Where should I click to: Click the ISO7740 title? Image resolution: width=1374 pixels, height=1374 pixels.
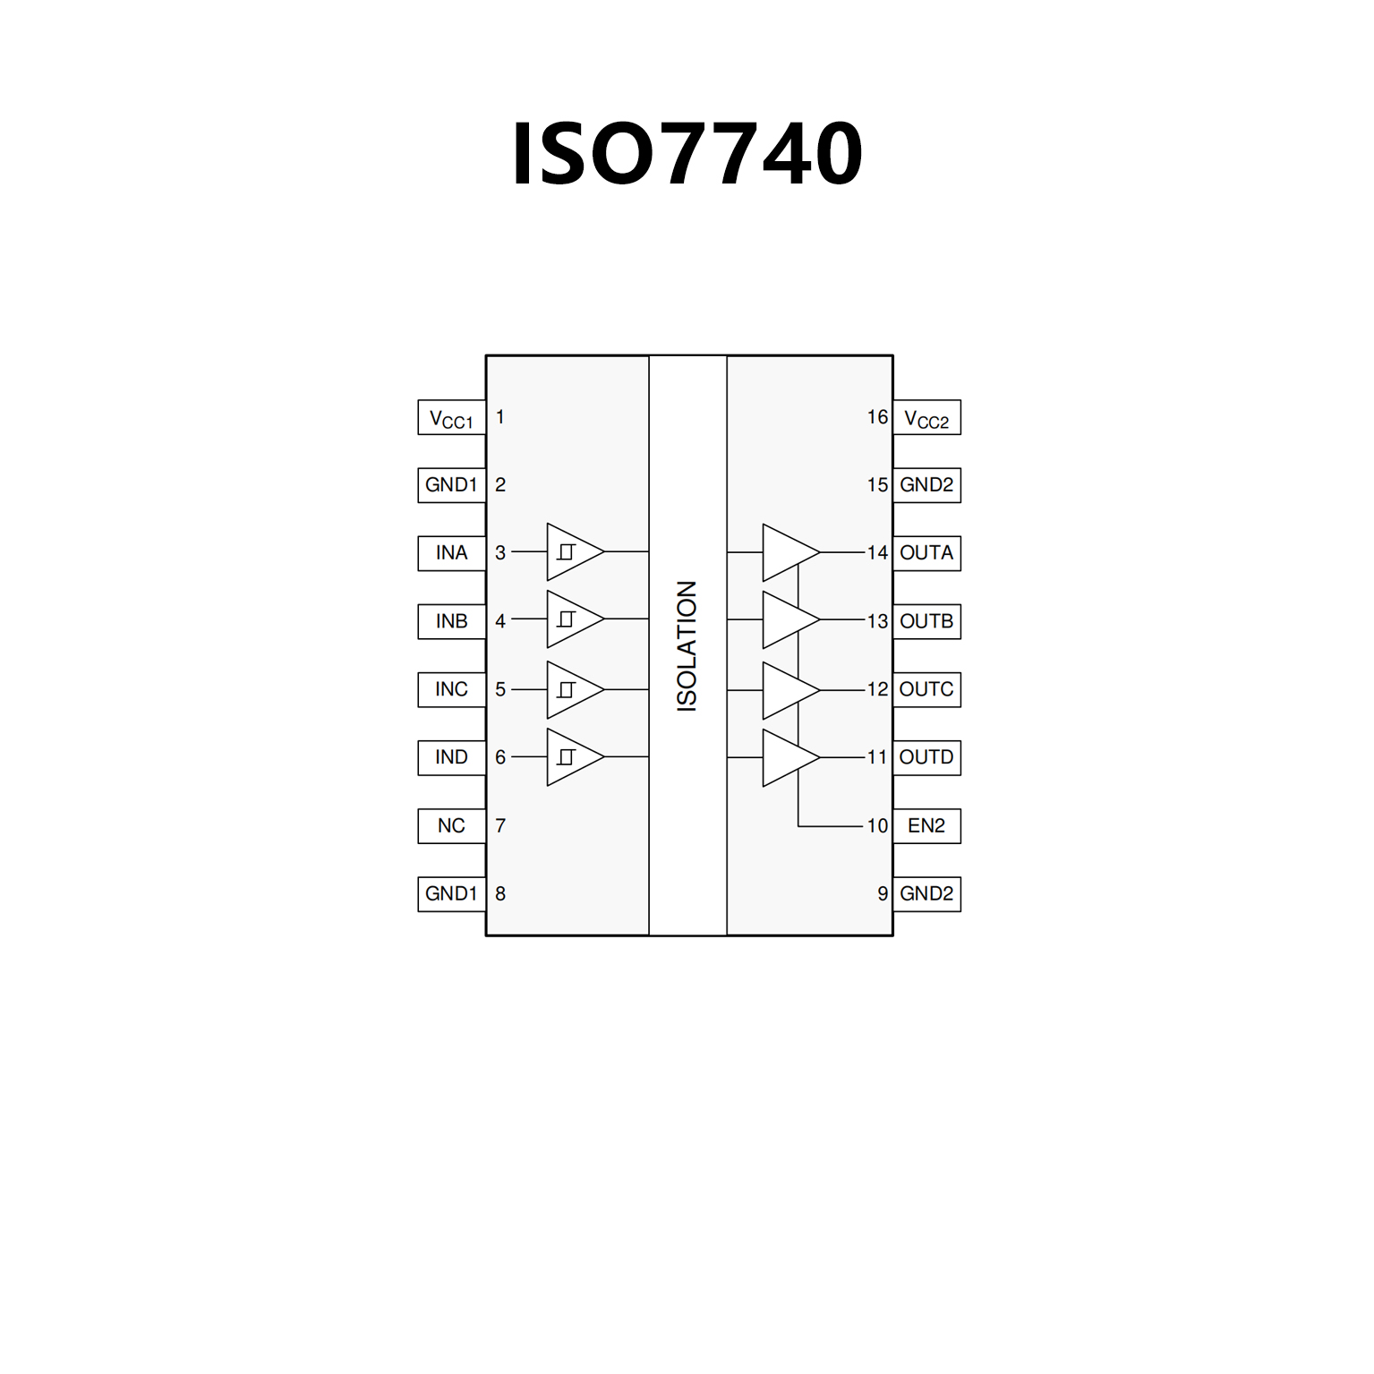pos(687,154)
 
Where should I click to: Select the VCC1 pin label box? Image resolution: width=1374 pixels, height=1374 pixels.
pos(451,418)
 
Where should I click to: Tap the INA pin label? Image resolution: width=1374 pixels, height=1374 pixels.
pos(451,553)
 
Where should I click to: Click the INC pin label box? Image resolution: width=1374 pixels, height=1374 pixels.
pos(451,689)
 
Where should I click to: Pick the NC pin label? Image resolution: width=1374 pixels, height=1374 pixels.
pos(451,825)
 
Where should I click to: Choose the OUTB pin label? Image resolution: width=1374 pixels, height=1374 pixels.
pos(926,621)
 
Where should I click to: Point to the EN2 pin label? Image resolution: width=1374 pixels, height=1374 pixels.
pos(926,825)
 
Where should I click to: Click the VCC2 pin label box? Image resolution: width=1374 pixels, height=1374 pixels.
pos(926,418)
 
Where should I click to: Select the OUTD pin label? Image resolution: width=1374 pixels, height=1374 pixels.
pos(926,757)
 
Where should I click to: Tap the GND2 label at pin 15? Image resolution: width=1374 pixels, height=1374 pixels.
pos(926,485)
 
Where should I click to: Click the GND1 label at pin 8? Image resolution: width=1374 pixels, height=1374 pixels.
pos(451,893)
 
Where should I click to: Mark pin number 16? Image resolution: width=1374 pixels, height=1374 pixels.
pos(877,417)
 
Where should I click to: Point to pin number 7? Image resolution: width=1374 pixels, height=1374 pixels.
pos(500,825)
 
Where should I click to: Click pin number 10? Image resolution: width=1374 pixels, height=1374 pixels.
pos(877,825)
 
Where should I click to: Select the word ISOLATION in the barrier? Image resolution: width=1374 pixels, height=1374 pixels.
pos(687,646)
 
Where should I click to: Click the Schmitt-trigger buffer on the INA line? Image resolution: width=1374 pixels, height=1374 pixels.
pos(571,552)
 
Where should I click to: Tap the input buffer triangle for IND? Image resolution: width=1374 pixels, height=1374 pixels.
pos(571,757)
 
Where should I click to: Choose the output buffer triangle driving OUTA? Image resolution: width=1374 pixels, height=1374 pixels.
pos(787,553)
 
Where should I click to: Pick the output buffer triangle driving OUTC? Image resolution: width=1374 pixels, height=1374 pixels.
pos(787,690)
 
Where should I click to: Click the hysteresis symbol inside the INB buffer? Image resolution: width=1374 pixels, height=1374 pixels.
pos(566,619)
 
